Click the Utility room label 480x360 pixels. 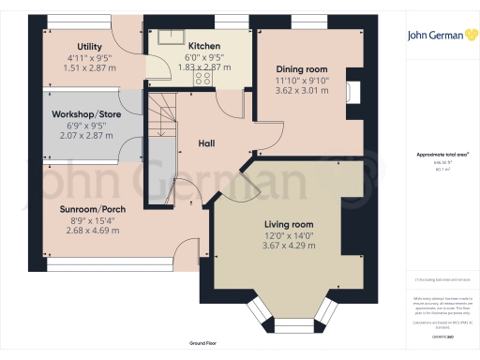[x=90, y=46]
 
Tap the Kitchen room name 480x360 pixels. [x=203, y=46]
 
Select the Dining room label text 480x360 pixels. [x=301, y=69]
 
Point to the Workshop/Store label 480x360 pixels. [x=88, y=113]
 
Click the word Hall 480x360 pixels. [x=207, y=142]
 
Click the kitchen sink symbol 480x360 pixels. [x=171, y=38]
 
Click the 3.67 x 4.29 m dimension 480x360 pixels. [x=289, y=246]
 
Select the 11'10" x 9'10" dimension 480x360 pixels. [x=301, y=81]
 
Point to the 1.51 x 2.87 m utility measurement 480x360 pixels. [x=90, y=68]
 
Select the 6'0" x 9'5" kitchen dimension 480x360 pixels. [x=203, y=58]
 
